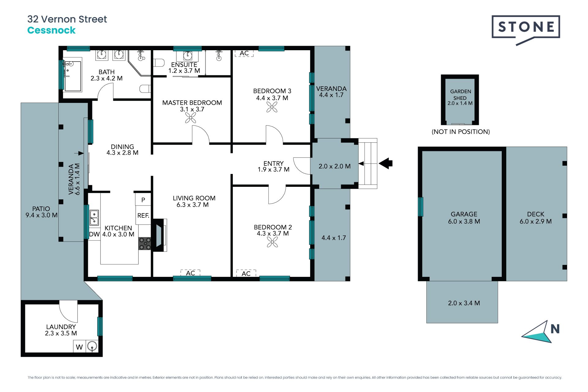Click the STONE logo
526,27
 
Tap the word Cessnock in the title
51,30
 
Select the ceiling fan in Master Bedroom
190,118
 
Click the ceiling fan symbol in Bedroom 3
272,107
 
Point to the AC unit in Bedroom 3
244,53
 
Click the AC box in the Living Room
190,273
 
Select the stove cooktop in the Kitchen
145,243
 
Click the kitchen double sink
94,217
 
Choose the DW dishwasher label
94,234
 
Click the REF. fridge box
143,215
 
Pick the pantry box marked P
143,200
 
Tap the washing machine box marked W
79,347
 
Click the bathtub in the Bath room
73,76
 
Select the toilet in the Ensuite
159,63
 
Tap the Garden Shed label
460,95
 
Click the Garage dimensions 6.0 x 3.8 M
464,221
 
